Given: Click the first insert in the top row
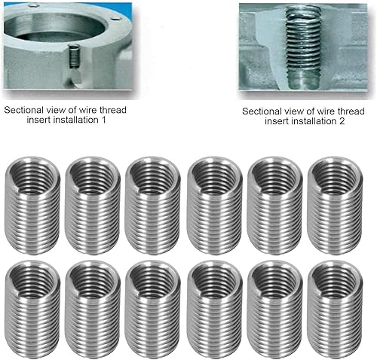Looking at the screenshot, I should click(32, 202).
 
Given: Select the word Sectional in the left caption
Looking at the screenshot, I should click(23, 109).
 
